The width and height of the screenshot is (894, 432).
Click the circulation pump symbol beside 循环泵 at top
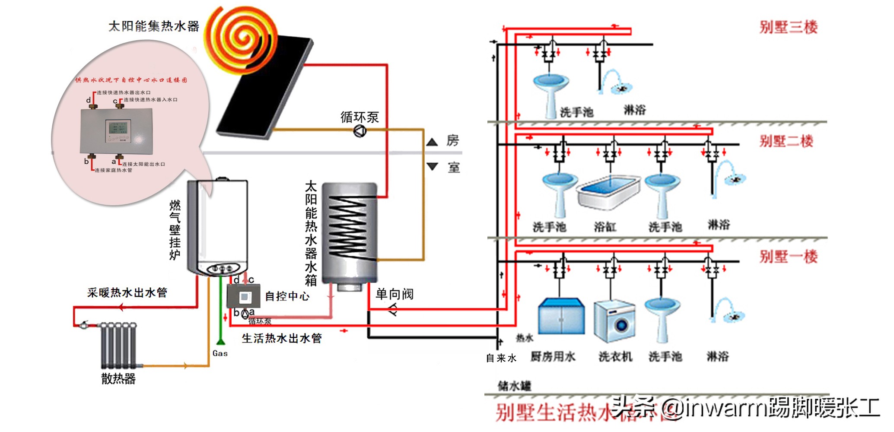[x=360, y=131]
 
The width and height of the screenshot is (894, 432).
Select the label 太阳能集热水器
[x=153, y=27]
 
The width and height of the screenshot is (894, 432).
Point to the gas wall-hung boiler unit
[x=218, y=227]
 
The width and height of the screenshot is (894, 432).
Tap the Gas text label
[x=220, y=353]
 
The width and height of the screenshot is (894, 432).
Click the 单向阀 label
[x=394, y=294]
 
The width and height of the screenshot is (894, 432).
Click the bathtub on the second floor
[x=608, y=192]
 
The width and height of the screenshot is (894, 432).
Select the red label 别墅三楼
[x=789, y=28]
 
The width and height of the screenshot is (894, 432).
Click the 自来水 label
[x=501, y=358]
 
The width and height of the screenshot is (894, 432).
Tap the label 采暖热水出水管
[x=127, y=293]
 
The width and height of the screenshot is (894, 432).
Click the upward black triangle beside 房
[x=432, y=142]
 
